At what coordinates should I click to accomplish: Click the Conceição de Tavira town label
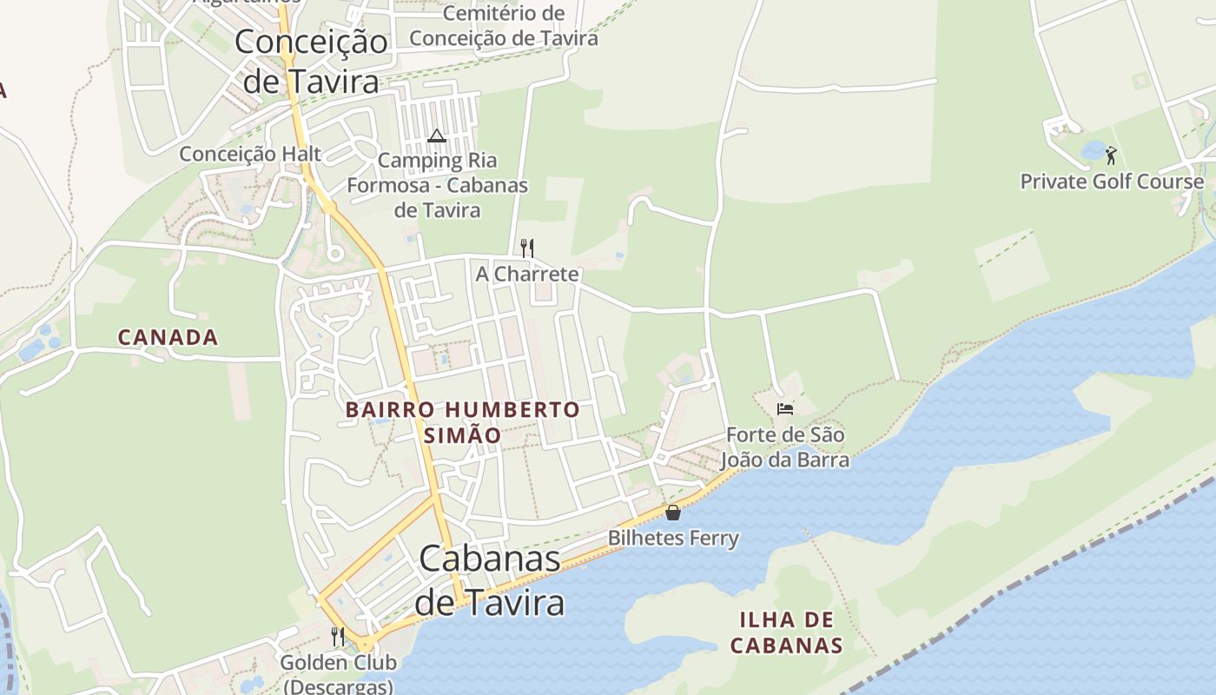pyautogui.click(x=312, y=61)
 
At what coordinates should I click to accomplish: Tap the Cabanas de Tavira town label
pyautogui.click(x=490, y=579)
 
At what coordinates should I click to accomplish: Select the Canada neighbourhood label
pyautogui.click(x=168, y=337)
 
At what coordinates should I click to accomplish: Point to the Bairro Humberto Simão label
pyautogui.click(x=462, y=421)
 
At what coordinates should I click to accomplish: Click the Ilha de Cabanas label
pyautogui.click(x=786, y=632)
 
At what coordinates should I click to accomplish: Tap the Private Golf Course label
pyautogui.click(x=1112, y=182)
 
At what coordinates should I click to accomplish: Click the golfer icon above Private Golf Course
pyautogui.click(x=1111, y=156)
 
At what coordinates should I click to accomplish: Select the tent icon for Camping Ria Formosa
pyautogui.click(x=436, y=136)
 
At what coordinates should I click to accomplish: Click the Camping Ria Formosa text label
pyautogui.click(x=438, y=185)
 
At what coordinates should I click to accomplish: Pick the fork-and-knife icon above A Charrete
pyautogui.click(x=526, y=248)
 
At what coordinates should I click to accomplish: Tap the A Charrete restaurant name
pyautogui.click(x=526, y=275)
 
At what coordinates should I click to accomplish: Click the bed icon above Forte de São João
pyautogui.click(x=785, y=408)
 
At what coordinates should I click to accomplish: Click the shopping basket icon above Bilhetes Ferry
pyautogui.click(x=672, y=513)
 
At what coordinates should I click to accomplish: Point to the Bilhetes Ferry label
pyautogui.click(x=673, y=538)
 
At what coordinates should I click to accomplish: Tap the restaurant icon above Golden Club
pyautogui.click(x=338, y=637)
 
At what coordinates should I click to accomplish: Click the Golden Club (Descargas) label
pyautogui.click(x=338, y=674)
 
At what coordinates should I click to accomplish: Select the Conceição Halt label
pyautogui.click(x=250, y=154)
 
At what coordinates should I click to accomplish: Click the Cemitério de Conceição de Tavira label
pyautogui.click(x=504, y=26)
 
